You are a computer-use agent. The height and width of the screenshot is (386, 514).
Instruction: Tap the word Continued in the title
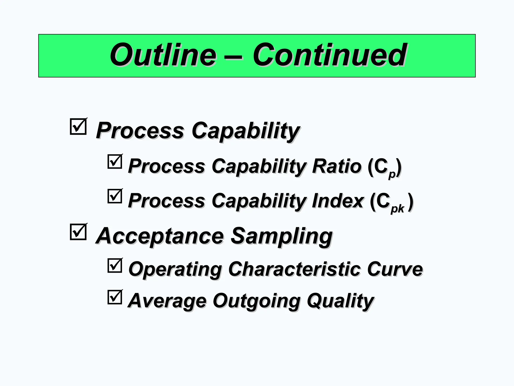click(x=329, y=55)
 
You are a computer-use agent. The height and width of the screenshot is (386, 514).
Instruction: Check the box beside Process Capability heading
click(x=78, y=127)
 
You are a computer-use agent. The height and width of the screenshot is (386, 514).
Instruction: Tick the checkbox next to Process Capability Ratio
click(x=115, y=162)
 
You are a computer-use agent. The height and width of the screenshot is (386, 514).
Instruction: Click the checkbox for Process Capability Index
click(x=115, y=196)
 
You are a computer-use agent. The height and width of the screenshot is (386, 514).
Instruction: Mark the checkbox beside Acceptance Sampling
click(x=78, y=232)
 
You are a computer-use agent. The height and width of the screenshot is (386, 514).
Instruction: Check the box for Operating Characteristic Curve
click(x=115, y=266)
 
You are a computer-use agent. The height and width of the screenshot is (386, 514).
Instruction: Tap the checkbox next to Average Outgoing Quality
click(x=115, y=297)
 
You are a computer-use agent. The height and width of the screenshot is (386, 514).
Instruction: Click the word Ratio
click(x=336, y=166)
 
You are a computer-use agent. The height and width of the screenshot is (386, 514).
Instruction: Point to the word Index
click(x=338, y=201)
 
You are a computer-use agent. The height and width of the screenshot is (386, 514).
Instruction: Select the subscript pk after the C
click(x=397, y=209)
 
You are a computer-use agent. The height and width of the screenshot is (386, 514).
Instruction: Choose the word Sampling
click(x=281, y=236)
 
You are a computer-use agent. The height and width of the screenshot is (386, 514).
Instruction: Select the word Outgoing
click(x=256, y=301)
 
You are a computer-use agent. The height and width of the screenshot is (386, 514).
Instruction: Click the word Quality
click(x=340, y=301)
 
